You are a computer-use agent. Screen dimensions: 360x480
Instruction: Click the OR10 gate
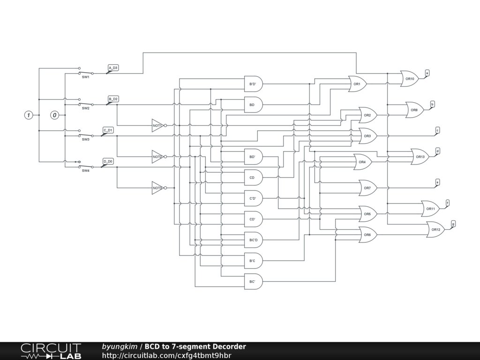(409, 79)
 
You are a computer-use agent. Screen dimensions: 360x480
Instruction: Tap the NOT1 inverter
(157, 126)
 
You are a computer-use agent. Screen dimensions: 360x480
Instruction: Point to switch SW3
(85, 136)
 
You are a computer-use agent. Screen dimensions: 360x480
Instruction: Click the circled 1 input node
(29, 115)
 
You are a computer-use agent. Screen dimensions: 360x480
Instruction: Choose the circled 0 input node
(55, 115)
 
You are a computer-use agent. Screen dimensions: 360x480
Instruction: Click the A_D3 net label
(113, 68)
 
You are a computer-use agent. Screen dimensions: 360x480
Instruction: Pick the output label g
(453, 224)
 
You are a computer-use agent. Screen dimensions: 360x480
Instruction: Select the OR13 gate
(420, 157)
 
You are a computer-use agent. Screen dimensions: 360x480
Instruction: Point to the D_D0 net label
(108, 161)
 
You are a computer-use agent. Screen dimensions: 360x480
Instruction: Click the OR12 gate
(435, 229)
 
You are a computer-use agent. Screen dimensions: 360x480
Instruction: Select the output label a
(427, 72)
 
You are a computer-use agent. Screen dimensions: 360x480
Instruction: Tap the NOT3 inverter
(157, 188)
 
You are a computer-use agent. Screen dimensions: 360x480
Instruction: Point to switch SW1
(85, 74)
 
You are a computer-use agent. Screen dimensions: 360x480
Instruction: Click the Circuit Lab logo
(51, 351)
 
